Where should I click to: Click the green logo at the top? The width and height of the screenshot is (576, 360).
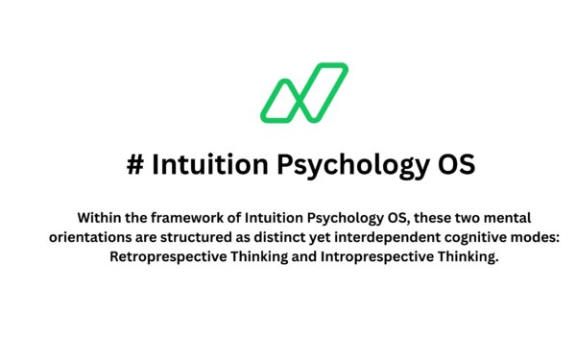click(x=304, y=93)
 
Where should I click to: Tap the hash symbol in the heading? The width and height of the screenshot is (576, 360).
click(x=134, y=164)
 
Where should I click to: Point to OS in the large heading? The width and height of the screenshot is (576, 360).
click(x=452, y=164)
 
